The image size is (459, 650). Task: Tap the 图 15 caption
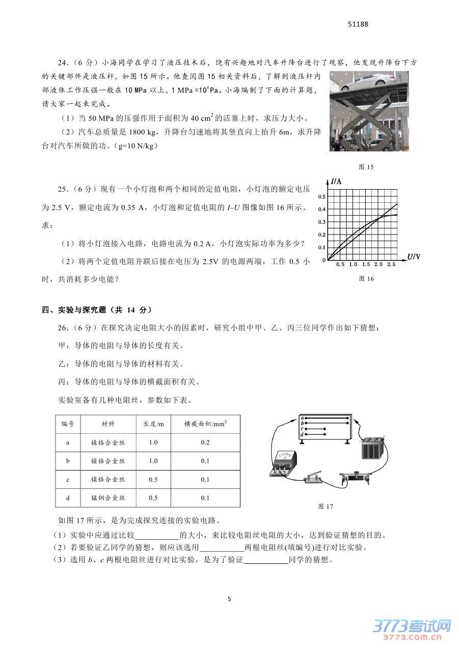coord(367,167)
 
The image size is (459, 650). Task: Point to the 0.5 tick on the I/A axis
coord(321,196)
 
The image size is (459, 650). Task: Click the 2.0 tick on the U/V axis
coord(378,265)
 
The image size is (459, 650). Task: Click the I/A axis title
coord(336,181)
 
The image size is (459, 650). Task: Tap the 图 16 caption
coord(367,278)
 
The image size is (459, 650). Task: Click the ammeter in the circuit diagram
coord(281,463)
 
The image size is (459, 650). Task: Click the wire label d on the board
coord(303,434)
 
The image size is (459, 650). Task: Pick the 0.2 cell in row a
coord(205,443)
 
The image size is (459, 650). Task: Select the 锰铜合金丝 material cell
coord(107,498)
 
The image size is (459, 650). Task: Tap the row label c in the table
coord(68,480)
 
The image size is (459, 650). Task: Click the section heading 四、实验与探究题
coord(97,309)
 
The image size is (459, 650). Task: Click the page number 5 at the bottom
coord(229,599)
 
